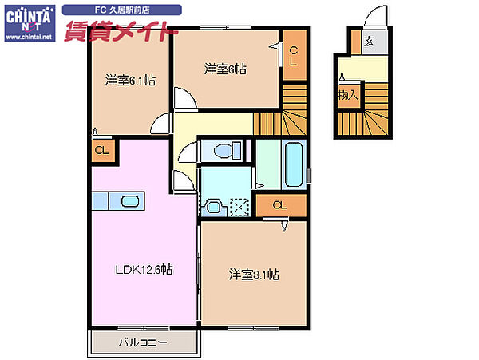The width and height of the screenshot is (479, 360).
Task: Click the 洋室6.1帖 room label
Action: pyautogui.click(x=130, y=81)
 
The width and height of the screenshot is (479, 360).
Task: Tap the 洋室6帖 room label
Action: pyautogui.click(x=225, y=69)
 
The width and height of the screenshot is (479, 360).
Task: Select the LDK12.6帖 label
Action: pyautogui.click(x=144, y=269)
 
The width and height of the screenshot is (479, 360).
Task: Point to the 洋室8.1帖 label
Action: pyautogui.click(x=254, y=275)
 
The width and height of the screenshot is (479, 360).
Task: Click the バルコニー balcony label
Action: pyautogui.click(x=143, y=342)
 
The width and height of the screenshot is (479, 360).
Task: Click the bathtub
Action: pyautogui.click(x=294, y=164)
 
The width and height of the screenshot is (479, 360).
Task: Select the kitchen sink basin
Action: pyautogui.click(x=130, y=201)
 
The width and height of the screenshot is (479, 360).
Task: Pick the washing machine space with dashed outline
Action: pyautogui.click(x=239, y=208)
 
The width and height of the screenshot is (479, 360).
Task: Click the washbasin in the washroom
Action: pyautogui.click(x=213, y=208)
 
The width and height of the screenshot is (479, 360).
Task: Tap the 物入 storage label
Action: pyautogui.click(x=348, y=95)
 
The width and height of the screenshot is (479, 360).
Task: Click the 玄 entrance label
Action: pyautogui.click(x=369, y=41)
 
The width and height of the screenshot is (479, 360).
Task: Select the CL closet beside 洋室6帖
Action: pyautogui.click(x=293, y=56)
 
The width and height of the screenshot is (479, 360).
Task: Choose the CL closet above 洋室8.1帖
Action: pyautogui.click(x=280, y=205)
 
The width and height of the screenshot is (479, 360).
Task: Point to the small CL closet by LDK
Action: pyautogui.click(x=102, y=151)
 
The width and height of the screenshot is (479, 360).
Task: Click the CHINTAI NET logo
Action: pyautogui.click(x=30, y=23)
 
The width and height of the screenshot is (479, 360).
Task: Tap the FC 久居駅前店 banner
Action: pyautogui.click(x=122, y=10)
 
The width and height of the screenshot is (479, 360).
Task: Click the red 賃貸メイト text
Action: pyautogui.click(x=117, y=30)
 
